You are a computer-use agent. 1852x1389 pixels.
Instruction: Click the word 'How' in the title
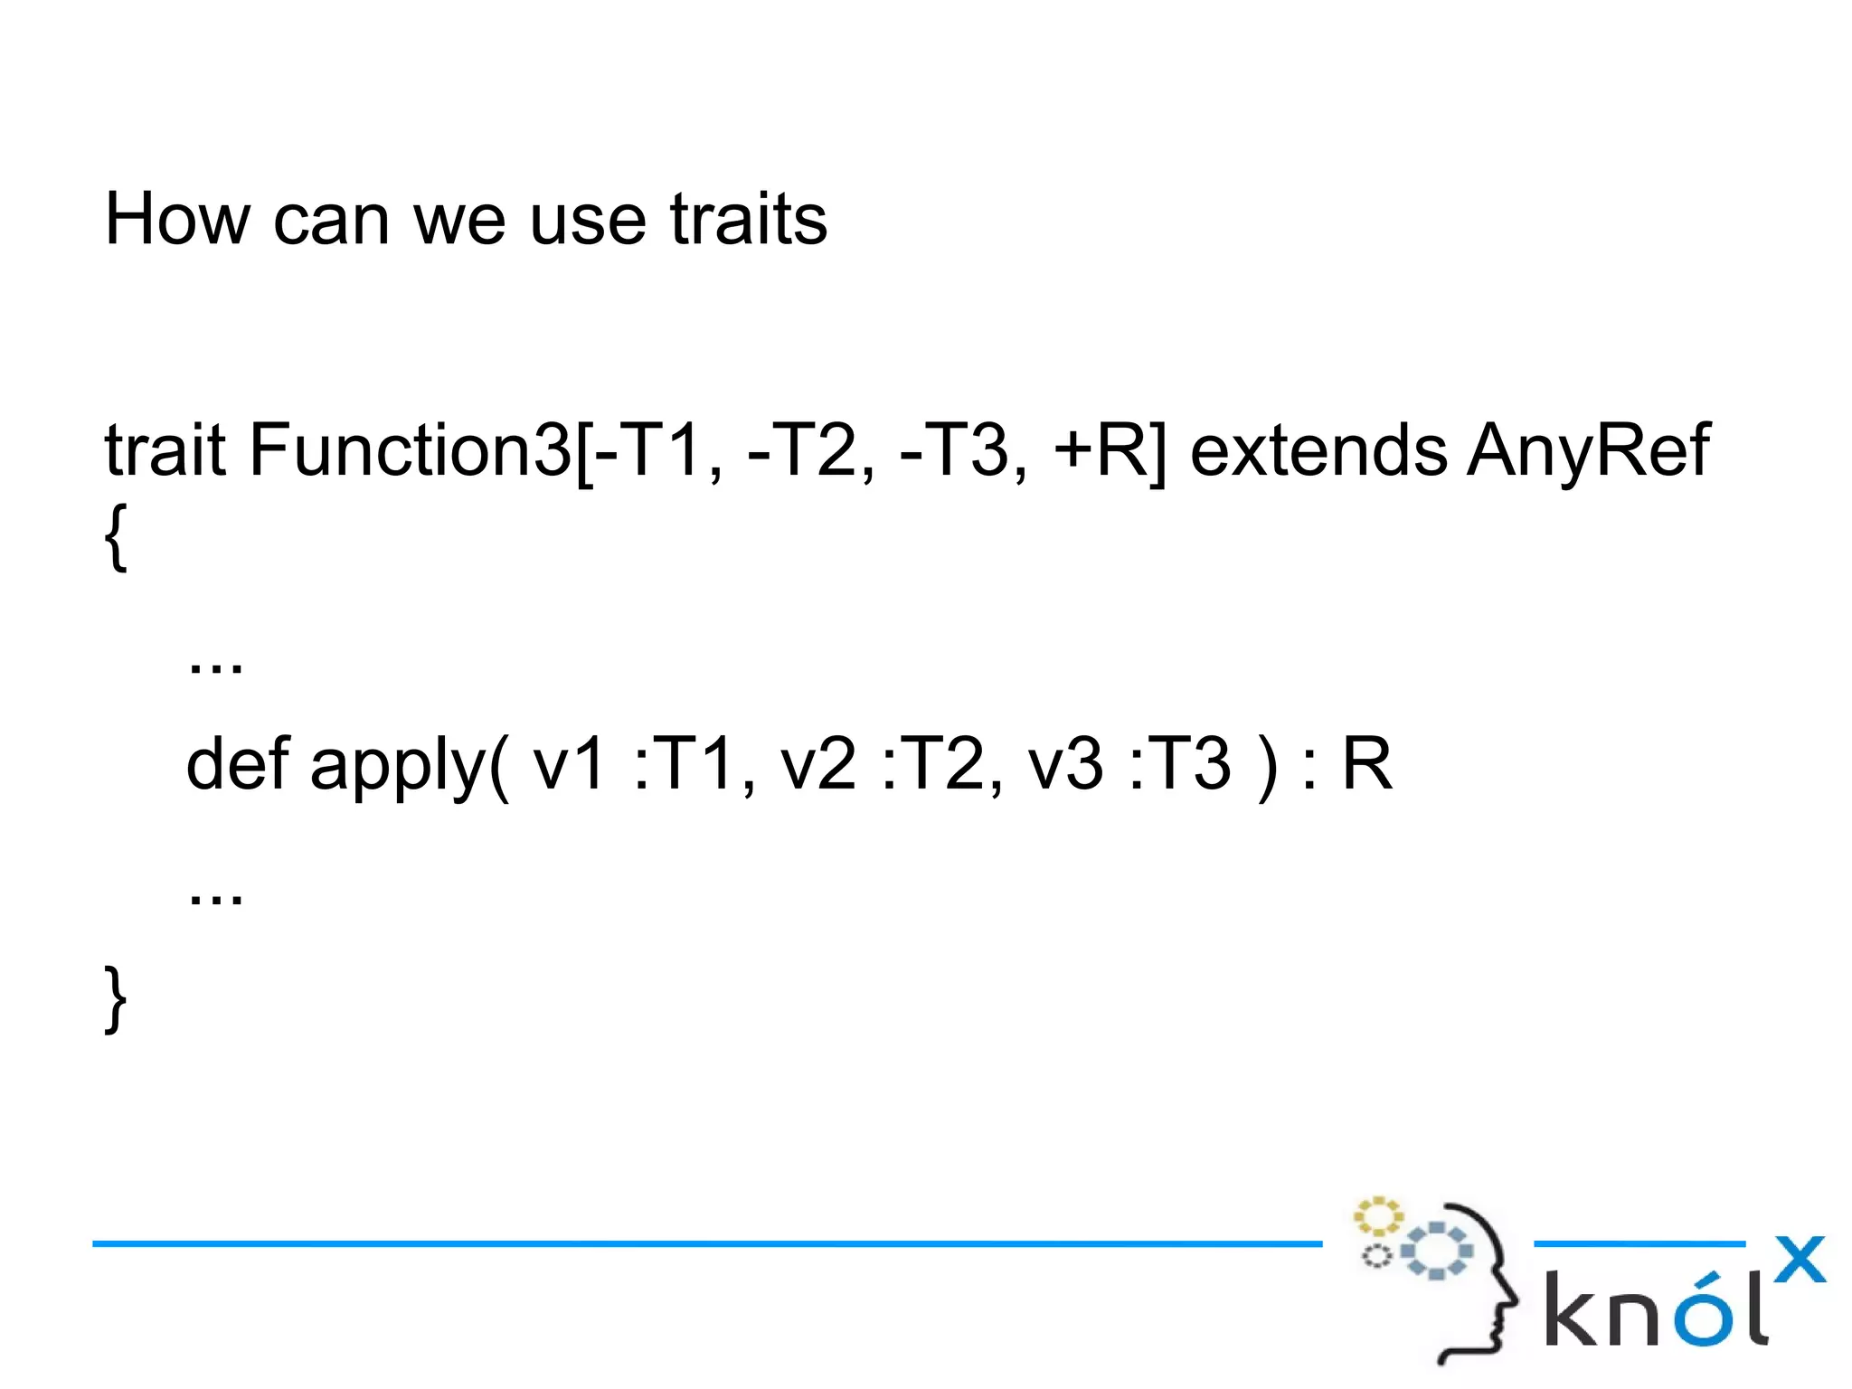click(177, 219)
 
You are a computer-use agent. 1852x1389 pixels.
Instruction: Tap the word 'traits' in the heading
click(748, 219)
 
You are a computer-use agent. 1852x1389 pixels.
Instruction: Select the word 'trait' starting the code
click(164, 449)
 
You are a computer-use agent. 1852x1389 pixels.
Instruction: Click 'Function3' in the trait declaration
click(410, 449)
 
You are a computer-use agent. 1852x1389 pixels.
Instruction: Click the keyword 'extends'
click(1318, 449)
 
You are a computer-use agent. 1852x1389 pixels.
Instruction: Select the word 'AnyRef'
click(1588, 449)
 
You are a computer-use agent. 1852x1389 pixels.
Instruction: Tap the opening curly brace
click(116, 537)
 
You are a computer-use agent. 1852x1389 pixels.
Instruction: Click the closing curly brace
click(116, 998)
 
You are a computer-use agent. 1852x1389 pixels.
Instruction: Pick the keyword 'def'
click(237, 763)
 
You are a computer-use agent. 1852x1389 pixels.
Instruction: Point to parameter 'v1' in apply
click(569, 763)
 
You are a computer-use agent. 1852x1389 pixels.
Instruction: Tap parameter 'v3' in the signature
click(1065, 763)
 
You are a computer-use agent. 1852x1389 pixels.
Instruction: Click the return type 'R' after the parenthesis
click(1365, 763)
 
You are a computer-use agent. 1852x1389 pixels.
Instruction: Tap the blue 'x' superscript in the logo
click(1799, 1260)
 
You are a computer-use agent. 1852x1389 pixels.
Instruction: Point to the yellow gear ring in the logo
click(1377, 1216)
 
